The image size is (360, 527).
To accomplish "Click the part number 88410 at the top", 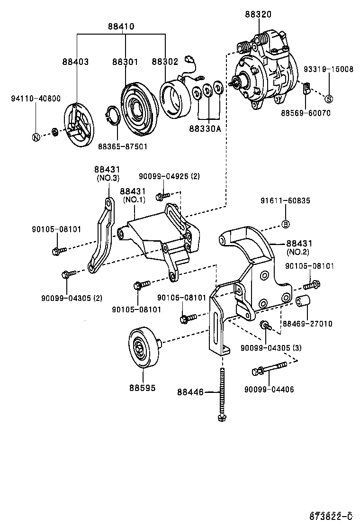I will [x=121, y=27].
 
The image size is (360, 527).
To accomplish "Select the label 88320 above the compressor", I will [x=258, y=15].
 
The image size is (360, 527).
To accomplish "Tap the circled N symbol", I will [x=36, y=137].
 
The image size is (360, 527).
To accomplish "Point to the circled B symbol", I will [x=286, y=224].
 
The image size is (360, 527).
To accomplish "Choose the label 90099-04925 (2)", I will [x=169, y=176].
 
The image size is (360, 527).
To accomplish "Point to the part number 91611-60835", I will [x=285, y=200].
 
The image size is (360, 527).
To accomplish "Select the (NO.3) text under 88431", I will [x=108, y=178].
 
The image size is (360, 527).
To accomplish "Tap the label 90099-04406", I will [x=269, y=390].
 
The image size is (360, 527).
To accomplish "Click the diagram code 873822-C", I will [x=331, y=516].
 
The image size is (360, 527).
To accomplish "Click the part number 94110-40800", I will [x=36, y=99].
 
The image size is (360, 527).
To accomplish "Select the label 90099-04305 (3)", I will [x=270, y=348].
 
